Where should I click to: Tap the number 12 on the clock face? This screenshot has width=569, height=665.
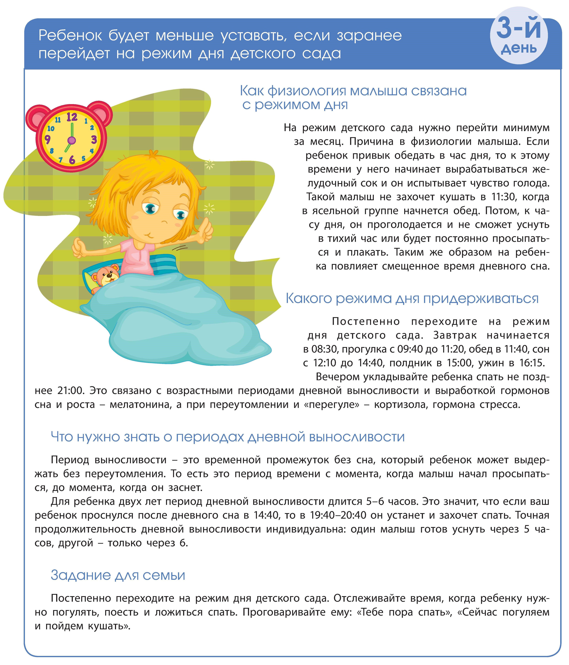coord(72,117)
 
